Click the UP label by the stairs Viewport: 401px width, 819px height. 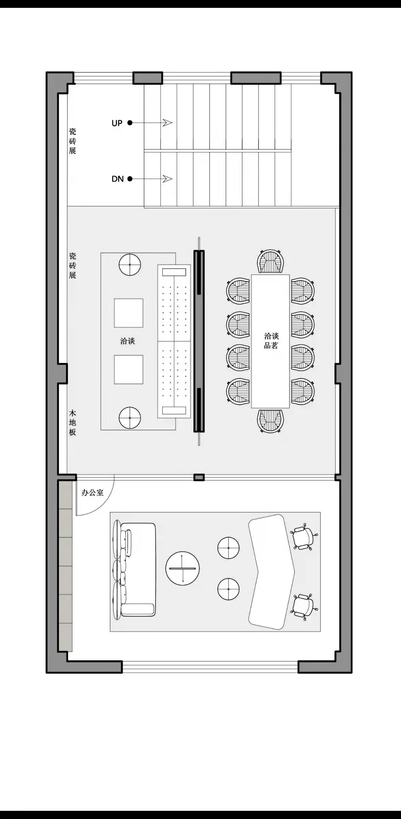tap(117, 123)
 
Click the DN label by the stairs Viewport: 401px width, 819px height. tap(117, 179)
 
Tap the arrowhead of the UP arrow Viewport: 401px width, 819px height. tap(167, 123)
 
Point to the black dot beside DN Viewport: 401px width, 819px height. tap(130, 178)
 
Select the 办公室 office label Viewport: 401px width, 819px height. tap(92, 493)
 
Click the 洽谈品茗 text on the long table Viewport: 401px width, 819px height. tap(271, 341)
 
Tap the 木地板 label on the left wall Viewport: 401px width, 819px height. tap(73, 422)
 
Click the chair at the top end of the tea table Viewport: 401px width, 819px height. tap(270, 261)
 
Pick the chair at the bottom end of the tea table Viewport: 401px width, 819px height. tap(270, 421)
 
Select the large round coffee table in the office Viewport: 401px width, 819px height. tap(182, 568)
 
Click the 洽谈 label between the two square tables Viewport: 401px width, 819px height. tap(128, 341)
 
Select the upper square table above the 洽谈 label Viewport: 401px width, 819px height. tap(129, 313)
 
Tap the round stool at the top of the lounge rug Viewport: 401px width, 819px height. tap(130, 264)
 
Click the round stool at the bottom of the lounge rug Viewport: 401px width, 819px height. tap(130, 418)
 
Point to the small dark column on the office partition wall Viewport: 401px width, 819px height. tap(199, 477)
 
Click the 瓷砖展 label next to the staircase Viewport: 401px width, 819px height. tap(73, 141)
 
